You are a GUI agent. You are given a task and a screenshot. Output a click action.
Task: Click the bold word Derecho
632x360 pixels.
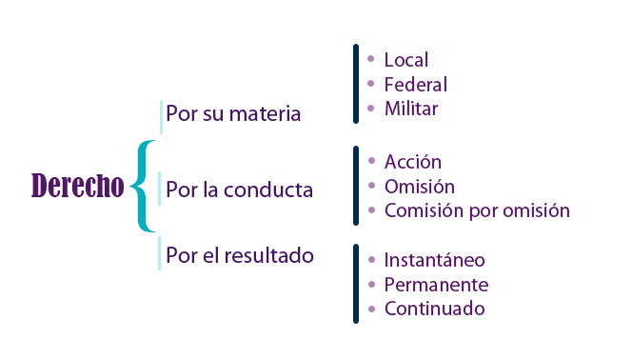tap(78, 187)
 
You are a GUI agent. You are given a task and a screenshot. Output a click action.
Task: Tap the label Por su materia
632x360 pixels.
tap(233, 114)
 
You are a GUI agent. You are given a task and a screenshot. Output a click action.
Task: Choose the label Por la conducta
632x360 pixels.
tap(239, 190)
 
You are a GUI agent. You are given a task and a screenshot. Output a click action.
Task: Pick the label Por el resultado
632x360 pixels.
tap(240, 255)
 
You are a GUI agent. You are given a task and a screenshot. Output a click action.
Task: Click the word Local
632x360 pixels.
tap(406, 61)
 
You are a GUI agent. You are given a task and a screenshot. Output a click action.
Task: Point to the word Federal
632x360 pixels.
tap(415, 85)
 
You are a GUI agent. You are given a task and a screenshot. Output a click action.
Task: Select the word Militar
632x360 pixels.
tap(411, 109)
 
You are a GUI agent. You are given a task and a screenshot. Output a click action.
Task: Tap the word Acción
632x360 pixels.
tap(413, 162)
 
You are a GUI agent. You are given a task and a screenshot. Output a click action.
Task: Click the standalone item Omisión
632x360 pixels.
tap(419, 186)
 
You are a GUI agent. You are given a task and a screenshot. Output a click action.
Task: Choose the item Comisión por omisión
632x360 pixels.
tap(477, 210)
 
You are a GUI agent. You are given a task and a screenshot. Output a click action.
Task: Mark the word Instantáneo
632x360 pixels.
tap(434, 260)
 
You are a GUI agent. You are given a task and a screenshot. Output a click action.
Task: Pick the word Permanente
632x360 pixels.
tap(436, 285)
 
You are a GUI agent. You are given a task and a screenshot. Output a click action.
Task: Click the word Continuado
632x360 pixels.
tap(434, 309)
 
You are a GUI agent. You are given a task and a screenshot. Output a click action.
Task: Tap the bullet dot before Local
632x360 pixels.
tap(371, 59)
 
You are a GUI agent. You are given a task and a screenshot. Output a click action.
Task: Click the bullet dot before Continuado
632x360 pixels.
tap(371, 308)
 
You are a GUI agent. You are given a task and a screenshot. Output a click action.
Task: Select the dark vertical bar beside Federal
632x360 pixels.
tap(355, 84)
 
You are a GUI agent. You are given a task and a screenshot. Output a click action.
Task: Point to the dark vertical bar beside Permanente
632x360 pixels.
tap(355, 284)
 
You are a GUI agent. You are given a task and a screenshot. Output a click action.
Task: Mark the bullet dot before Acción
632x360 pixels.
tap(371, 160)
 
